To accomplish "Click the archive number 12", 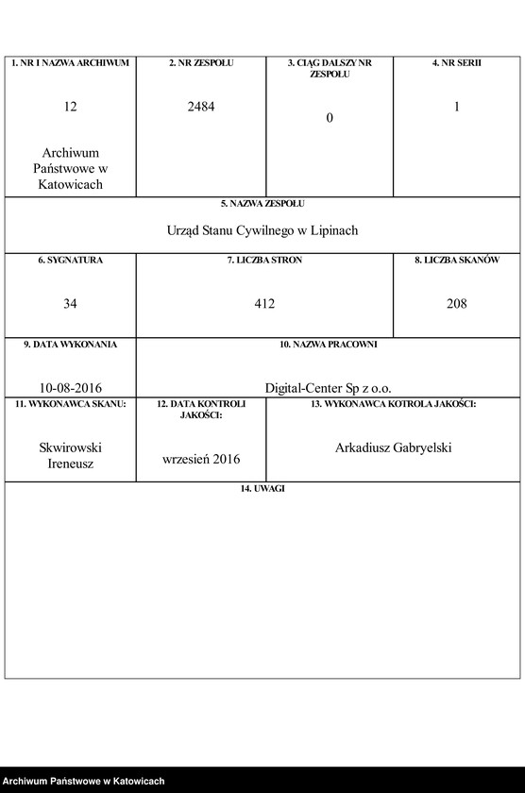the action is click(71, 108).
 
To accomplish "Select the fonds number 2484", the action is click(201, 108).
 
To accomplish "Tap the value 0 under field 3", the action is click(330, 118).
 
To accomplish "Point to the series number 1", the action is click(457, 108).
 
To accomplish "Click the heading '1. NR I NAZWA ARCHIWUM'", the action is click(71, 62).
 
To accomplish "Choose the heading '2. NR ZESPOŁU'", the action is click(201, 62).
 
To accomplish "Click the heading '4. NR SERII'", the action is click(457, 62).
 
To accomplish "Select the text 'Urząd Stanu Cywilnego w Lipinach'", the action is click(262, 230).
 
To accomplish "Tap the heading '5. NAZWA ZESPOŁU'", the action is click(262, 203).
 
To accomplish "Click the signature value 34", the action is click(71, 304).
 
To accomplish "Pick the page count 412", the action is click(264, 304).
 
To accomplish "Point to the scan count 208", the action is click(457, 304).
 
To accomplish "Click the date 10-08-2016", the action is click(71, 387).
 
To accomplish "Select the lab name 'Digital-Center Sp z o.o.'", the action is click(328, 387).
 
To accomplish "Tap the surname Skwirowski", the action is click(71, 447).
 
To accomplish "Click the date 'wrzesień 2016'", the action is click(201, 459).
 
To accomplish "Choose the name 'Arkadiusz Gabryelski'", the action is click(393, 447).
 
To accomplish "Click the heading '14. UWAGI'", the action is click(262, 488).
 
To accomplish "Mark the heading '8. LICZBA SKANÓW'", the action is click(457, 260).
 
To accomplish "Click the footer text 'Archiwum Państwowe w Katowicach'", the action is click(84, 782).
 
